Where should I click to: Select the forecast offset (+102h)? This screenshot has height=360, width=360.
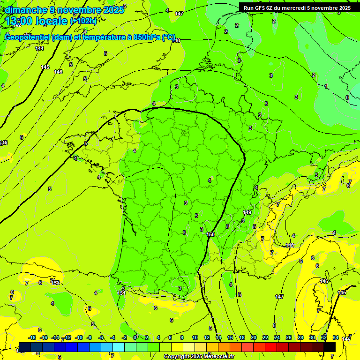[83, 21]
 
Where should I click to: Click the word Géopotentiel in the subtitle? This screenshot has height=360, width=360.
[28, 37]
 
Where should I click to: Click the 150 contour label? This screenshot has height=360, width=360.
[210, 234]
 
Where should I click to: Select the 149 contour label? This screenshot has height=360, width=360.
[247, 213]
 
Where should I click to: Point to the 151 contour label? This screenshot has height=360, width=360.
[121, 293]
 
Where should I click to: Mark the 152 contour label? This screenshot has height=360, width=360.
[56, 283]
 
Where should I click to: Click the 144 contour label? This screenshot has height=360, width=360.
[39, 48]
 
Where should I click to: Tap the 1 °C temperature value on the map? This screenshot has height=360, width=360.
[326, 86]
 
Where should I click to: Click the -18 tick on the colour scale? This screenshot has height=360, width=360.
[32, 338]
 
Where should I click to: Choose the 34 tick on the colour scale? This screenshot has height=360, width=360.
[336, 338]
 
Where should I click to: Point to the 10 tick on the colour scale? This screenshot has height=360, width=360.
[195, 338]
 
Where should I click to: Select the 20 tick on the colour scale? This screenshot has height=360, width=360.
[254, 338]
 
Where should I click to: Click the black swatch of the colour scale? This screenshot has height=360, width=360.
[330, 347]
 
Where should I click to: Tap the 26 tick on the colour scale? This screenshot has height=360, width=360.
[289, 338]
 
